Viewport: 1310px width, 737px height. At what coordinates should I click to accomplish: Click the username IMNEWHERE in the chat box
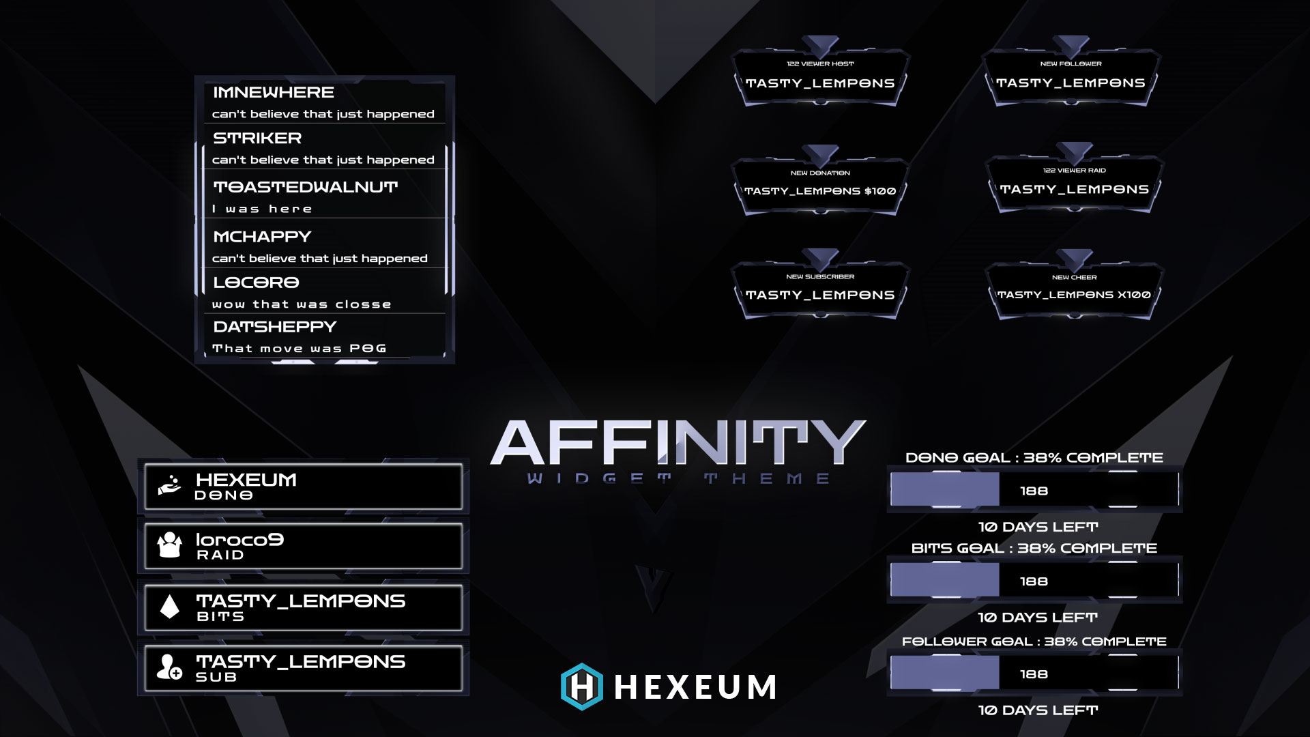point(273,92)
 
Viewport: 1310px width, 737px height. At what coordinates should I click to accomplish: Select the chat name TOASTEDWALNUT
point(305,187)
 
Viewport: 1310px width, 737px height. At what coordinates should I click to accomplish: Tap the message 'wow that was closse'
point(302,304)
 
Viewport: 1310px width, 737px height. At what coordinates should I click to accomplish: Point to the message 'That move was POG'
point(300,349)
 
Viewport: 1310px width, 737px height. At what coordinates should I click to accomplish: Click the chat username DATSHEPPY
point(274,327)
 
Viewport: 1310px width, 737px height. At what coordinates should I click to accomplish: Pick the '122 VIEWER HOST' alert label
point(819,64)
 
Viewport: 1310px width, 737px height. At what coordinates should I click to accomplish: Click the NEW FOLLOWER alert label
point(1071,64)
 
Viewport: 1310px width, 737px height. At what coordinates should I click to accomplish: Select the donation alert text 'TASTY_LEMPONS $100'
point(819,191)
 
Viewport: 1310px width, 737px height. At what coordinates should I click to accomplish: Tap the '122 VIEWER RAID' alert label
point(1074,171)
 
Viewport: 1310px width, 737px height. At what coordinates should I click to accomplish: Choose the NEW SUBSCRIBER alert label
point(819,277)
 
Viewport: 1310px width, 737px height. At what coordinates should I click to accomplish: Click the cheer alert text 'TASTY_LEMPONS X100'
point(1074,295)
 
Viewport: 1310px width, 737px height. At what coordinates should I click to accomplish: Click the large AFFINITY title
point(678,443)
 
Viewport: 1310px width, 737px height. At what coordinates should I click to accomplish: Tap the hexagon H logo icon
point(581,687)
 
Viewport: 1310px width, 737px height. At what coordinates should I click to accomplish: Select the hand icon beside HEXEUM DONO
point(169,485)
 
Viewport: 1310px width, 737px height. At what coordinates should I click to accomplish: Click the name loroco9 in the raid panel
point(239,540)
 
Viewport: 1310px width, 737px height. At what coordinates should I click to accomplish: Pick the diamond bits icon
point(169,606)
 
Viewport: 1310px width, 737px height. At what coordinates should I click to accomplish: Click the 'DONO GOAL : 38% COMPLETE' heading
point(1034,458)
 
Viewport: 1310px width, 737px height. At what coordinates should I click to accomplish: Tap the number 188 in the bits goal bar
point(1034,581)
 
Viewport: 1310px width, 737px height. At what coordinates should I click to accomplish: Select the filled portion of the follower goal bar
point(945,674)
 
